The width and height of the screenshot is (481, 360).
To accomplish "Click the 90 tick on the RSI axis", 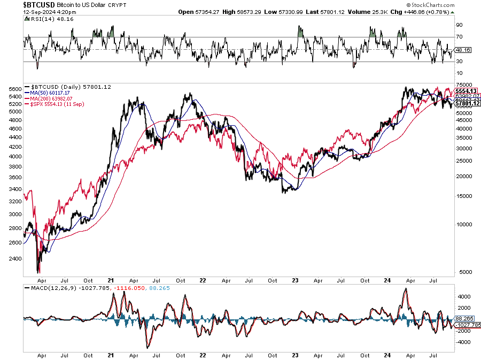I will pos(459,25).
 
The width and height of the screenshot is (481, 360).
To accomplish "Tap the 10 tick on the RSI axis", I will pos(459,73).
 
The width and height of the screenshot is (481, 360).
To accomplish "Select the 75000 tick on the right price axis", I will pos(464,85).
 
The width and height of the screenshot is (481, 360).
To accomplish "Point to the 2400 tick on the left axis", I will pos(15,258).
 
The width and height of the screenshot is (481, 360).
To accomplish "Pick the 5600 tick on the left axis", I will pos(15,89).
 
